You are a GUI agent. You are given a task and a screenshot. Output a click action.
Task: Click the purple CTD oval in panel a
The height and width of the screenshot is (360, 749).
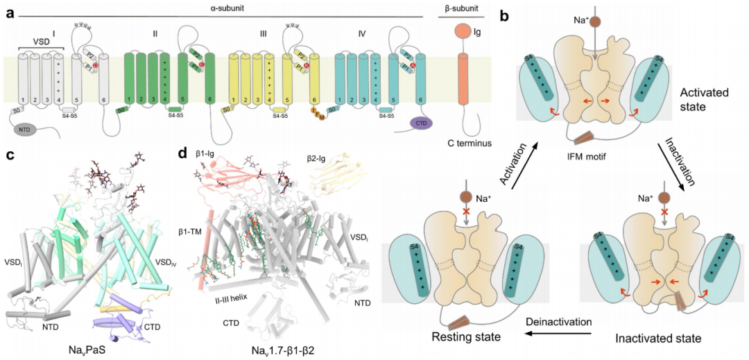pyautogui.click(x=421, y=123)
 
